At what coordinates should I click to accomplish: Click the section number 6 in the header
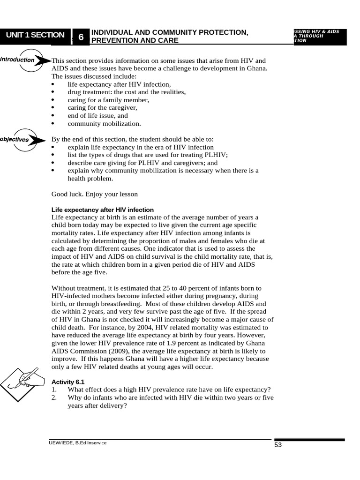pyautogui.click(x=81, y=37)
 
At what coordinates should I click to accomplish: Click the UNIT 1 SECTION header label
pyautogui.click(x=35, y=35)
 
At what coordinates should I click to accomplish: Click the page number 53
pyautogui.click(x=278, y=445)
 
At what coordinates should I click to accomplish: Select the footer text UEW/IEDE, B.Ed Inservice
pyautogui.click(x=78, y=442)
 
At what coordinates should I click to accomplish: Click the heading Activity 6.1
pyautogui.click(x=68, y=382)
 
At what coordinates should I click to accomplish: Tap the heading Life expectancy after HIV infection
pyautogui.click(x=102, y=210)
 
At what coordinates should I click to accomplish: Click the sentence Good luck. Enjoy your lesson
pyautogui.click(x=95, y=194)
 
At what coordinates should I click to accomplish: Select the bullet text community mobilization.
pyautogui.click(x=104, y=124)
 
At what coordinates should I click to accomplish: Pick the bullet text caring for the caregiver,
pyautogui.click(x=102, y=108)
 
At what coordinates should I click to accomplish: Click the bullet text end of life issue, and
pyautogui.click(x=97, y=116)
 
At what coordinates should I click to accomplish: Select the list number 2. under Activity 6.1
pyautogui.click(x=54, y=397)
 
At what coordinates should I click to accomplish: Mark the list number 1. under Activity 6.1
pyautogui.click(x=54, y=390)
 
